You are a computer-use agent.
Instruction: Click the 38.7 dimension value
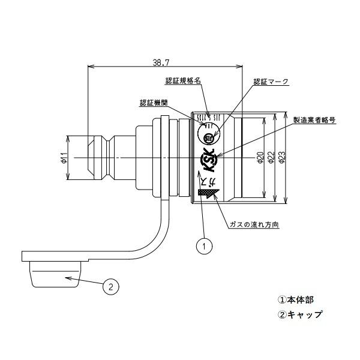160,61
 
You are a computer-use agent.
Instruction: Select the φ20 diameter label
260,158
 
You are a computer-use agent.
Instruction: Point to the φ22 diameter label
272,158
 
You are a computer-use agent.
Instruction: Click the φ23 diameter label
283,158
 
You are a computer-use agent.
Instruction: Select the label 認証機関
153,103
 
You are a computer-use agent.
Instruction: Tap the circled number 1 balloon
205,245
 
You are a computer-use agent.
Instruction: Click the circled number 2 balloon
109,287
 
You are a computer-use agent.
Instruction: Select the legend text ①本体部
295,299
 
